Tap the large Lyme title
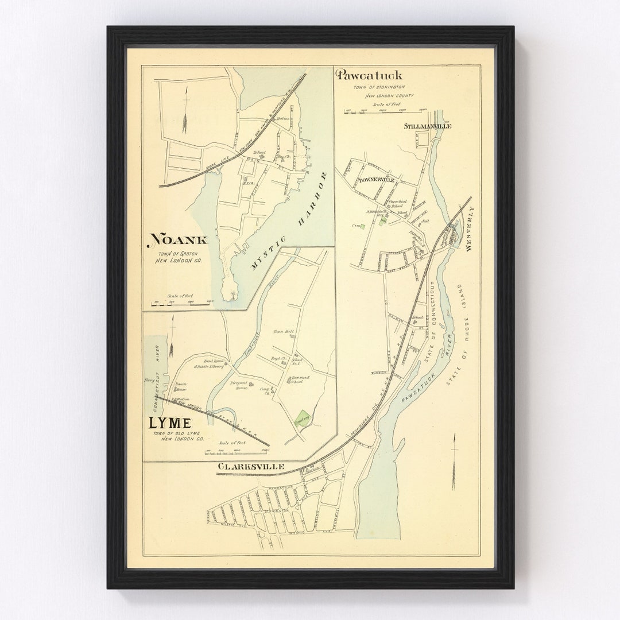[170, 423]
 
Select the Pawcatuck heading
[370, 75]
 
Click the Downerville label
[377, 180]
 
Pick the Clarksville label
[250, 467]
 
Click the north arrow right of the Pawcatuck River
[454, 462]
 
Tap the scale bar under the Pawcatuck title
[386, 111]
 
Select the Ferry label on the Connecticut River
[150, 380]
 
